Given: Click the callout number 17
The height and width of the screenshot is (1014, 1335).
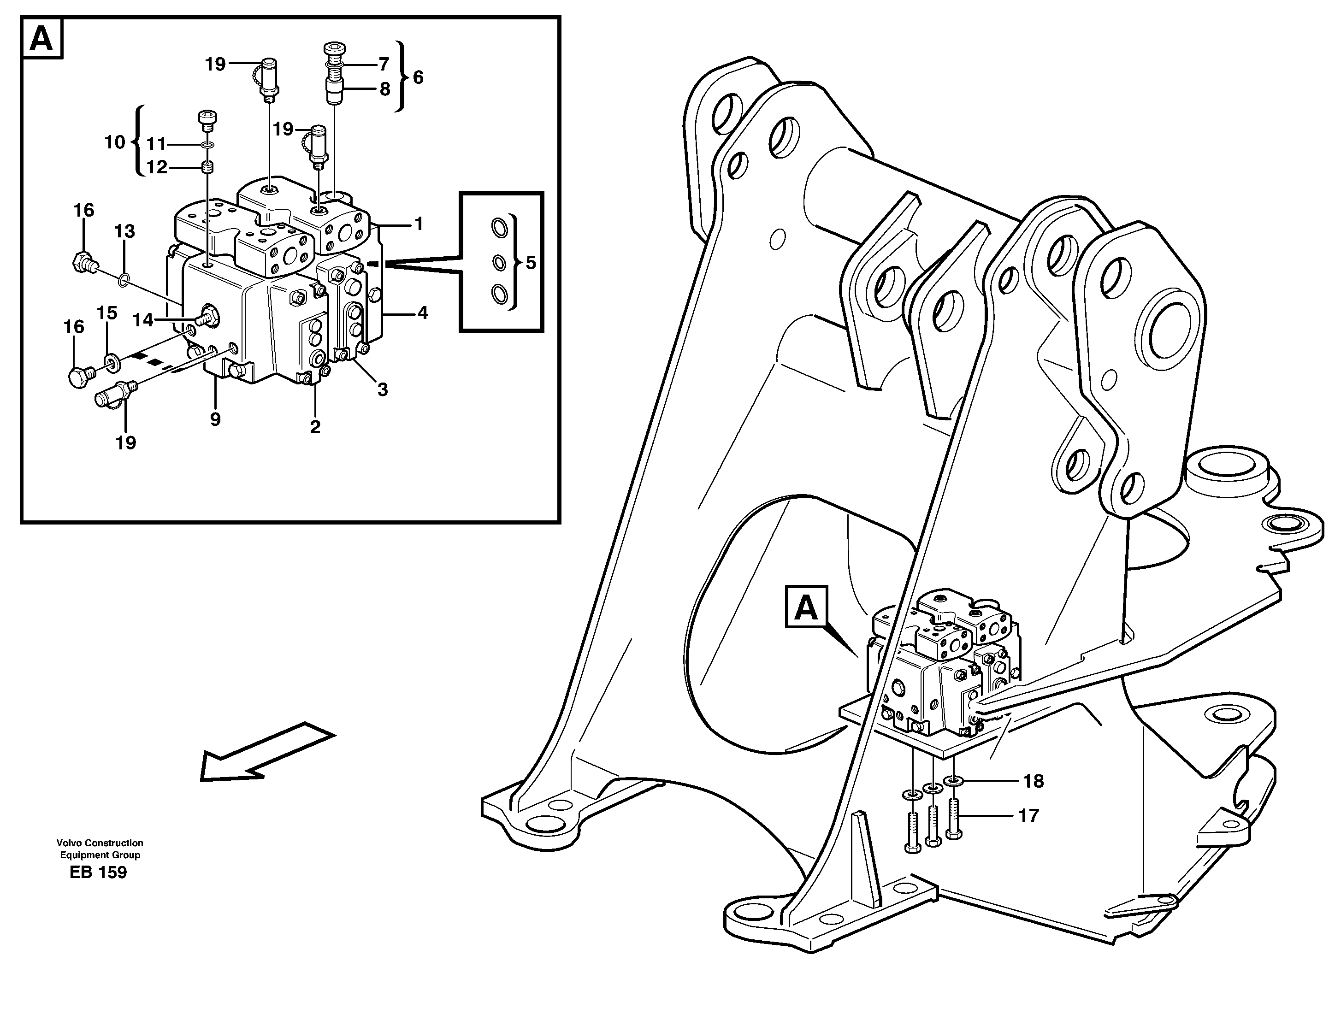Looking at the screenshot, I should [x=1028, y=816].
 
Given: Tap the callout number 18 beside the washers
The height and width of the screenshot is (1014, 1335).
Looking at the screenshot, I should [x=1033, y=782].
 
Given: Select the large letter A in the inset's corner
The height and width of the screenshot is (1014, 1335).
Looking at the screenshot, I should [x=41, y=39].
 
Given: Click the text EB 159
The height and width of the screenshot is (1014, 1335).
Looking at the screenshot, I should [x=98, y=873].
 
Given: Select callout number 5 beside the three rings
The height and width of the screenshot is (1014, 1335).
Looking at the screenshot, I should [x=531, y=263].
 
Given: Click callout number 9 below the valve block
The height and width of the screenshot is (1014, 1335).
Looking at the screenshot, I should [x=215, y=419].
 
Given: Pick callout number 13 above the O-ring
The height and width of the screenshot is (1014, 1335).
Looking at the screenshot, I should [x=124, y=231].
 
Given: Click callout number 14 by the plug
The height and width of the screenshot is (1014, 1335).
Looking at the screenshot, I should [x=143, y=320].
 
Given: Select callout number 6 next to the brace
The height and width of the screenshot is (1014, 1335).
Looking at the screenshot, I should [x=418, y=77].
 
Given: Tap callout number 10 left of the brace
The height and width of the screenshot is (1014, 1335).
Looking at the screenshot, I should [x=115, y=142].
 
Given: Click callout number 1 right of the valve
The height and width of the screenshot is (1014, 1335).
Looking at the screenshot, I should [x=418, y=224].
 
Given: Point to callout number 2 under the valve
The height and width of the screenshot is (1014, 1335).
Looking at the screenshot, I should [x=315, y=427].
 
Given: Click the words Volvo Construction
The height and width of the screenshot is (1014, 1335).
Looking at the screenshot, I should [x=100, y=843].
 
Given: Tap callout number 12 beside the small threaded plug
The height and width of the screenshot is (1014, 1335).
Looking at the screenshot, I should [x=157, y=167].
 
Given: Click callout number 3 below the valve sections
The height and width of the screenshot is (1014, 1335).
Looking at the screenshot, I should [x=382, y=390].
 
